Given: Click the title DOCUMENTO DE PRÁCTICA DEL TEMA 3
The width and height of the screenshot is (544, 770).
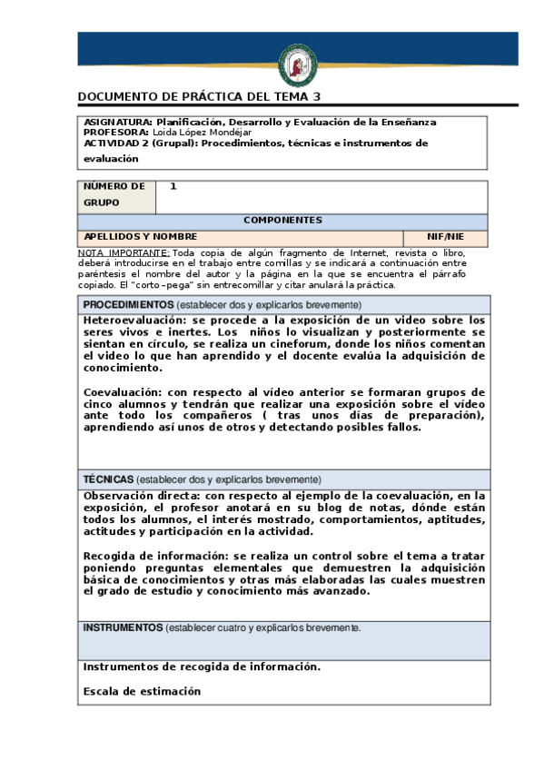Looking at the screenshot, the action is [x=199, y=96].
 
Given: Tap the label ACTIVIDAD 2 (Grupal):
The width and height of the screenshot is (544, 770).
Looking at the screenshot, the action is [x=141, y=143].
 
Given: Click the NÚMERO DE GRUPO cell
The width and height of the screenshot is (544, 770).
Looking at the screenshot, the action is [x=115, y=194].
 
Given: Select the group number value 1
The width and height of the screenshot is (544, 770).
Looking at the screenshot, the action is [x=173, y=186].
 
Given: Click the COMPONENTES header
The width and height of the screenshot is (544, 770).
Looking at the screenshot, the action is [x=282, y=221].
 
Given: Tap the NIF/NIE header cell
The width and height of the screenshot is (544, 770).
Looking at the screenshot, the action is [x=445, y=236].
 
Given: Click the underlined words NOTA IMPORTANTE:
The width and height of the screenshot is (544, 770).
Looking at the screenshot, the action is [x=124, y=252].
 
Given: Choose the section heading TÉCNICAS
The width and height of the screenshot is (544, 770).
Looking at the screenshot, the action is [x=109, y=479].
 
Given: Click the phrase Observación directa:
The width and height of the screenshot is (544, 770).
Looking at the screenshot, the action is [x=141, y=496].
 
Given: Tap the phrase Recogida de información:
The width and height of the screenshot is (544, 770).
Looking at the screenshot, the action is [x=150, y=555].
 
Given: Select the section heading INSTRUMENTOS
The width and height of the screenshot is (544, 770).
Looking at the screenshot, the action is [x=123, y=627].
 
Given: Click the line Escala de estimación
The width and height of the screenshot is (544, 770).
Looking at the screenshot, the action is [x=141, y=691].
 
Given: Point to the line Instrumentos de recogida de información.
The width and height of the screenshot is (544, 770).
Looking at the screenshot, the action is [x=202, y=666].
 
